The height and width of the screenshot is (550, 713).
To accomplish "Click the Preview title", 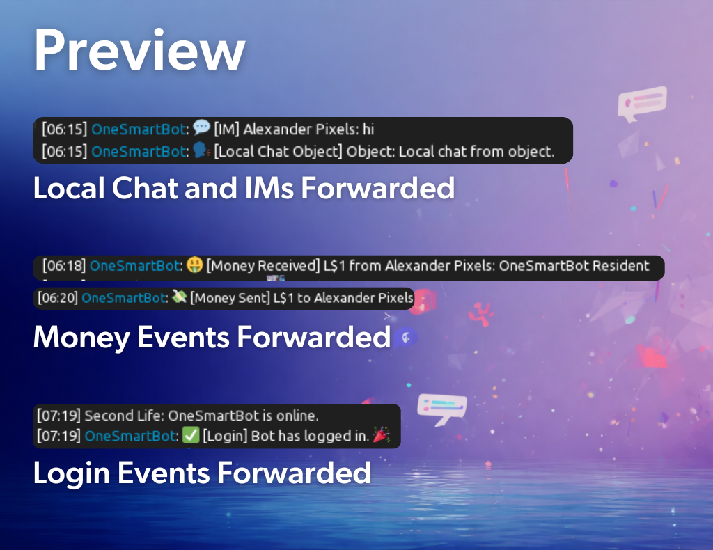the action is coord(139,49).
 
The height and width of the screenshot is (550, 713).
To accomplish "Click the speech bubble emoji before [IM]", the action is coord(201,127).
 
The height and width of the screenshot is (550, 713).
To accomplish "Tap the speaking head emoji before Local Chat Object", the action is coord(201,150).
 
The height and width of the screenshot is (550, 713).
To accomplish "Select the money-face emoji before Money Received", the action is coord(195,265).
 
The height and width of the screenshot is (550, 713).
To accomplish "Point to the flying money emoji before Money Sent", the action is coord(179,297).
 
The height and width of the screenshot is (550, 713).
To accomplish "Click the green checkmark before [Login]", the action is coord(191,435).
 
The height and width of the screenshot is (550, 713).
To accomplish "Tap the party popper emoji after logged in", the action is coord(381,434).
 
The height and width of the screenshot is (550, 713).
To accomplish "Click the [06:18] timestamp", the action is coord(64,265).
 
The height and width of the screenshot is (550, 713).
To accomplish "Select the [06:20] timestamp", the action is coord(58,298).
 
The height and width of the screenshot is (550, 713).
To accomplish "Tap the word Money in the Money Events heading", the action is coord(81,337).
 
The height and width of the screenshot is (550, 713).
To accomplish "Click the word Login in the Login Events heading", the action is coord(72,473).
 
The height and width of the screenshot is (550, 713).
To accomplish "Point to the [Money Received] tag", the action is coord(263,265).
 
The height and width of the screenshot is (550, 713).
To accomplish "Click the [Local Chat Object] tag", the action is coord(279,151).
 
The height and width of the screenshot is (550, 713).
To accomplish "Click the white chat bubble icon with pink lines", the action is coord(642,104).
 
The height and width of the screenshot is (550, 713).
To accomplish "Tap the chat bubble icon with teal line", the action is coord(442,409).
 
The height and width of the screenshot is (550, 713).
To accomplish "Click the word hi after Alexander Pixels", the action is coord(368,129).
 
